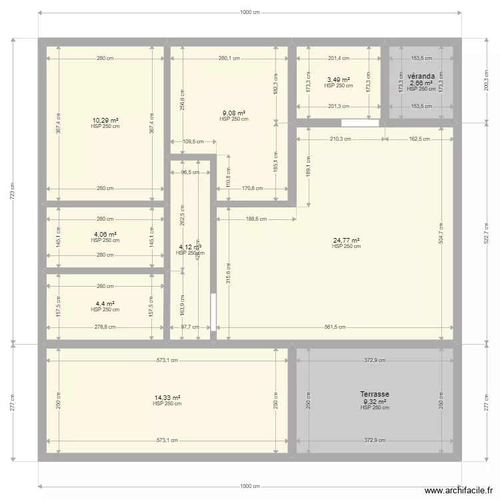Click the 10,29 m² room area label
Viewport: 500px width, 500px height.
click(105, 121)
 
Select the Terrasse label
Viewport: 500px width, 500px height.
click(375, 395)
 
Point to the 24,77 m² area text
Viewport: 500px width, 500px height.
click(346, 241)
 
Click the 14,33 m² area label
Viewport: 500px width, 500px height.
click(167, 397)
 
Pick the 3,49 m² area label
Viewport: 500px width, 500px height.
click(339, 80)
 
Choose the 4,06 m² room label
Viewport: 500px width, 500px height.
click(105, 235)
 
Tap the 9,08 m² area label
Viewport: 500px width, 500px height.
click(233, 113)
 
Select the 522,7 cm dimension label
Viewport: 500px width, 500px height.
click(487, 234)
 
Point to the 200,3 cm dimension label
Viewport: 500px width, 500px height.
click(487, 80)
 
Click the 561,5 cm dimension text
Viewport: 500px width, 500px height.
click(335, 327)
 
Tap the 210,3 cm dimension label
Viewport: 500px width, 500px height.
click(341, 139)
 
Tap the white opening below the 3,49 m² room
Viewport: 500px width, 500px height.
click(359, 123)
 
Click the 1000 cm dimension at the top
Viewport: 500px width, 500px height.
click(250, 12)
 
